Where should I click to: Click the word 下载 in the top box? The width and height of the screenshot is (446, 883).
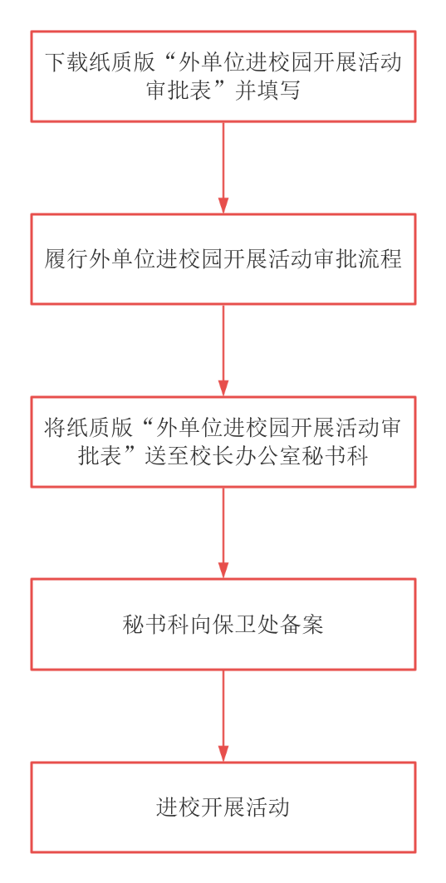66,63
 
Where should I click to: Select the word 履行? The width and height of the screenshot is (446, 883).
66,260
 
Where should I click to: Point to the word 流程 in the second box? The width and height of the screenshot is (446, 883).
380,260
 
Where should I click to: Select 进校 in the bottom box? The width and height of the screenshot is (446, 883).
178,807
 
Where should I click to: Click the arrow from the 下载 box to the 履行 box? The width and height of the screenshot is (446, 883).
223,167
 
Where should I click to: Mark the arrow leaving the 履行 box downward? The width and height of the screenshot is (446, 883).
223,351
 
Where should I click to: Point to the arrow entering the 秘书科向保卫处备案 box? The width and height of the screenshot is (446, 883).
223,532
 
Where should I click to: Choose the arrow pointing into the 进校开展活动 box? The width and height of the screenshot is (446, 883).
223,716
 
